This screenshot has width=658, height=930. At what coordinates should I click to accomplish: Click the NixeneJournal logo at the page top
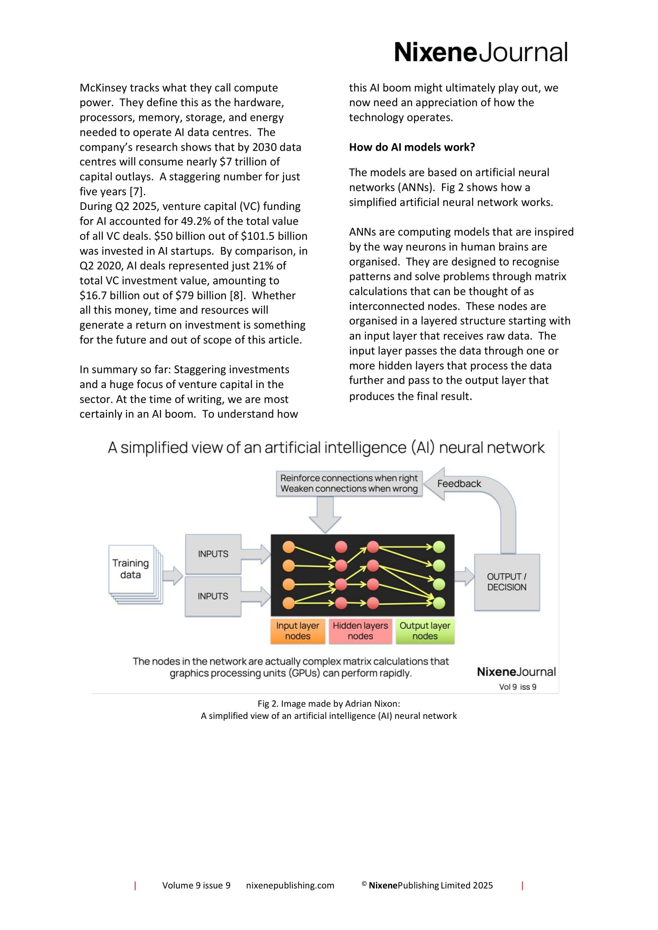(481, 52)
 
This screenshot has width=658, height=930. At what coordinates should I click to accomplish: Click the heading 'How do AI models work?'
(412, 147)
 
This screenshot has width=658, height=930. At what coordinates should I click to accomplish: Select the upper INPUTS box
(213, 554)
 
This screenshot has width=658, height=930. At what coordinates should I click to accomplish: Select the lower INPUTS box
(213, 596)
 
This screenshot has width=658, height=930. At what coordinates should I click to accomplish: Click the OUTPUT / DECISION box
(506, 582)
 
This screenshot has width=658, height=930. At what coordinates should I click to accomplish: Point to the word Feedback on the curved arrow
(459, 483)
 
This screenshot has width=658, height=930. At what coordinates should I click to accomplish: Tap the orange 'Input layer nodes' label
(298, 631)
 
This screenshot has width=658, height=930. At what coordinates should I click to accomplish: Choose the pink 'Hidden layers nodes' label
(360, 631)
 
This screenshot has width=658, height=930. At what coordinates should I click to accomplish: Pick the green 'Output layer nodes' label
(424, 631)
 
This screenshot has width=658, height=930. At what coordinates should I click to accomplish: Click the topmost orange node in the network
(288, 547)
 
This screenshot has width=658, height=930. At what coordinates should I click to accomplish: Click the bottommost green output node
(439, 603)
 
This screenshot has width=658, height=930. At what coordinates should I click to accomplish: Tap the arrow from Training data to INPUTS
(173, 575)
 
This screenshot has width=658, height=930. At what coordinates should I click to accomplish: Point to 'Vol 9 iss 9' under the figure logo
(518, 687)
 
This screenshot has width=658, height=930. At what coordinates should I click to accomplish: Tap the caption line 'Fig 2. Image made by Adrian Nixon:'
(329, 704)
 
